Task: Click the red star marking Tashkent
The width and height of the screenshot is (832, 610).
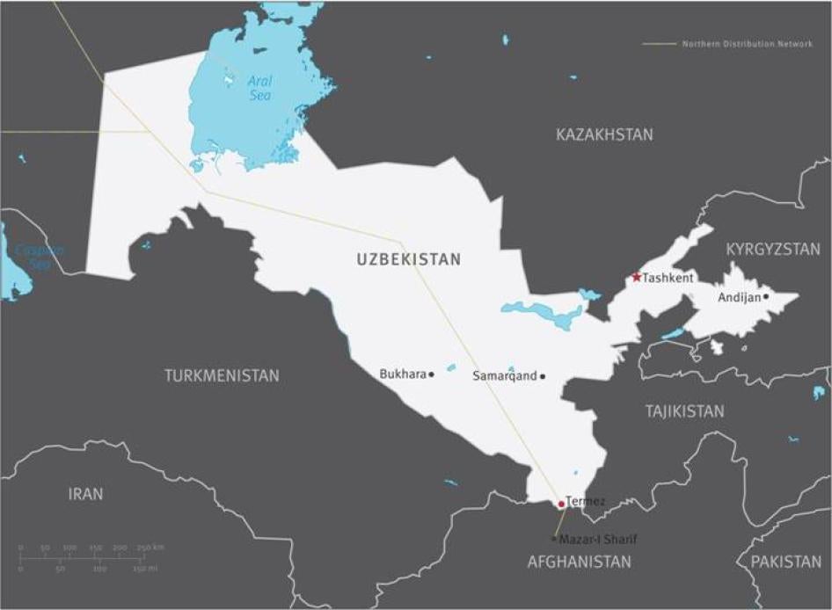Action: point(636,277)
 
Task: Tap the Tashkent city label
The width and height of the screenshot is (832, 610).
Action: point(668,278)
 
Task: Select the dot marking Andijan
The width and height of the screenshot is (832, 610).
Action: point(766,296)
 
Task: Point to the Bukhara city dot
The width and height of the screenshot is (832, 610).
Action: point(431,374)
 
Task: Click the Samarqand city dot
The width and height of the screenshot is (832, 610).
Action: point(543,376)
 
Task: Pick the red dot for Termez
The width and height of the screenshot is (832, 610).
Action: point(561,505)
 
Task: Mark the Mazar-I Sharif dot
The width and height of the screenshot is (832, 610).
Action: point(553,538)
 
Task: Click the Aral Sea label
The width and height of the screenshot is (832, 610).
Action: point(259,88)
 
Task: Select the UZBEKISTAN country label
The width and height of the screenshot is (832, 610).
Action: point(408,259)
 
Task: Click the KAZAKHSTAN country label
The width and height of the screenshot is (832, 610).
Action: point(604,134)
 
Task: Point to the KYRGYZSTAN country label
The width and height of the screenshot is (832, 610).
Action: point(772,250)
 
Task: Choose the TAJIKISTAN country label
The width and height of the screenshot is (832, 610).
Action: point(684,410)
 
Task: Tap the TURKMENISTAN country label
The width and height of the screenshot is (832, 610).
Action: point(222,375)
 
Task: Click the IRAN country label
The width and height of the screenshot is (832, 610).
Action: point(85,494)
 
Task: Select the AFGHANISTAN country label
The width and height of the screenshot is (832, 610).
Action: point(579,562)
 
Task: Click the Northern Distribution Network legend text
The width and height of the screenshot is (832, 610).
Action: point(747,43)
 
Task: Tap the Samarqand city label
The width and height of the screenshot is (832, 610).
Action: point(504,375)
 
